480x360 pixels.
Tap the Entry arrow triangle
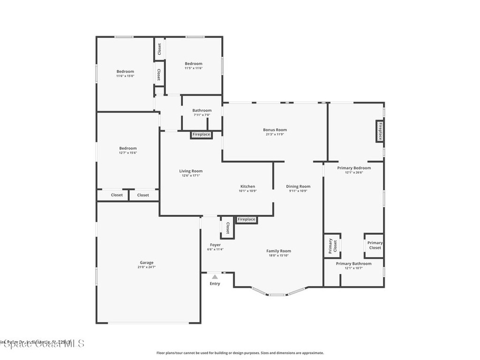pos(215,277)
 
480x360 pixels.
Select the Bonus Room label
pos(275,130)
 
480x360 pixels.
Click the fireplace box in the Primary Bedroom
pos(380,131)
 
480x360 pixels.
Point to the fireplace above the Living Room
pos(201,135)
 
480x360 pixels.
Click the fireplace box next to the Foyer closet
pos(246,219)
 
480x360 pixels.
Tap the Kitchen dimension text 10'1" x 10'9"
pos(247,191)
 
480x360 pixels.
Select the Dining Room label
pos(298,187)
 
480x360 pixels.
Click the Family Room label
pos(279,251)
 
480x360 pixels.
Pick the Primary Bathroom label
pos(354,263)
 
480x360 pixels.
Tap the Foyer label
pos(215,245)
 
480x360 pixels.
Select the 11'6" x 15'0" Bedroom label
pos(125,72)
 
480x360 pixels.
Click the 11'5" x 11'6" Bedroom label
pos(193,64)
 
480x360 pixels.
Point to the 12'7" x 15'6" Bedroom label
pos(127,149)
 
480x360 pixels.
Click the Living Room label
pos(191,171)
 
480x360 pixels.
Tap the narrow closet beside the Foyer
pos(227,228)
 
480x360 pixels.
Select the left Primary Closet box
pos(332,246)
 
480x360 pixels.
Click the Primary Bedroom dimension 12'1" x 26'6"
pos(354,172)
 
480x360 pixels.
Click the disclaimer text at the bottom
pos(240,353)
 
